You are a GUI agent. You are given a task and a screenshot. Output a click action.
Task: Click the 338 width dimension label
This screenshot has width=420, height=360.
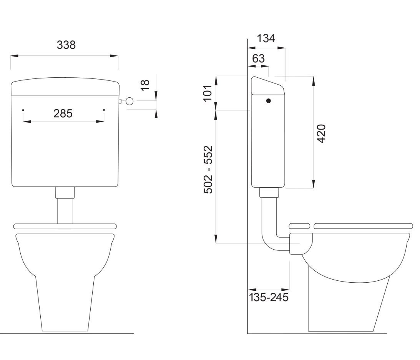[66, 45]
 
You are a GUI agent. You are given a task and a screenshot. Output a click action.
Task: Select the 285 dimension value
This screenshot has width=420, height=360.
[63, 114]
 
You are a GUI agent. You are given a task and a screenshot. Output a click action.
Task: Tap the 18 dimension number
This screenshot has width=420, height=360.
[145, 85]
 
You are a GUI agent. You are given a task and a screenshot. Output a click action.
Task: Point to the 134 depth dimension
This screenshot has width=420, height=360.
[266, 38]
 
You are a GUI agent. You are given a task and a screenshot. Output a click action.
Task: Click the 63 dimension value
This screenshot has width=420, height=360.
[259, 58]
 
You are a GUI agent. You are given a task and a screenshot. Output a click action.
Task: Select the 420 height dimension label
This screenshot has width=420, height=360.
[321, 133]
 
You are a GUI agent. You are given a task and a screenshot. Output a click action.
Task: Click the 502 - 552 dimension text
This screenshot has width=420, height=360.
[208, 169]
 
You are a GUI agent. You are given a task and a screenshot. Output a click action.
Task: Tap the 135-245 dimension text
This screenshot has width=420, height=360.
[269, 297]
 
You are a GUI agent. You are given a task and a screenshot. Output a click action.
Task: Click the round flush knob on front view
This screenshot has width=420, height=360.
[129, 101]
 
